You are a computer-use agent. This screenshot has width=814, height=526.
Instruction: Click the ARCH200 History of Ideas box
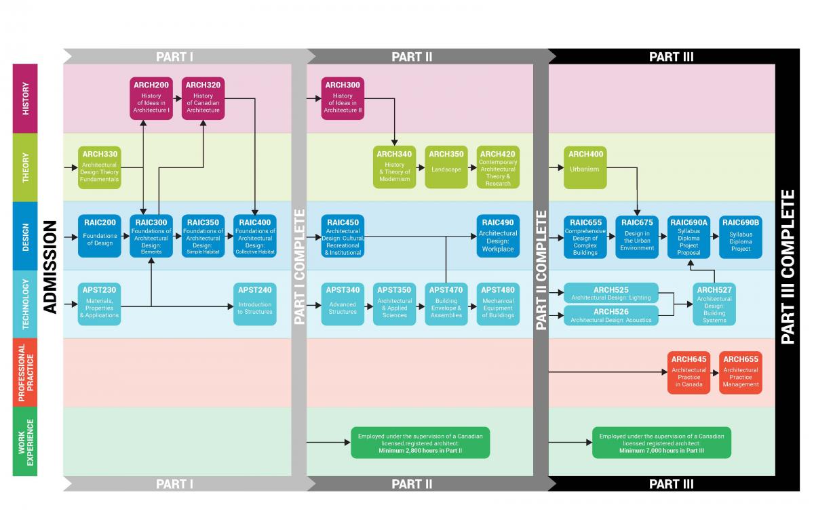coord(151,99)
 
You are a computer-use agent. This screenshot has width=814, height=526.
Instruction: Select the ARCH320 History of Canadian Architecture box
coord(203,99)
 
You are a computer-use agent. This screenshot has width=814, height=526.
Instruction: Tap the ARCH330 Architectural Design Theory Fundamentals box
coord(99,167)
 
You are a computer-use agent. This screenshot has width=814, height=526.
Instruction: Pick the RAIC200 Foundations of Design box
coord(99,236)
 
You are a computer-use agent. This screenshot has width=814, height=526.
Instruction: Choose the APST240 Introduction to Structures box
coord(254,304)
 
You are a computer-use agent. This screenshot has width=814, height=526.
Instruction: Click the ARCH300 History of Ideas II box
coord(343,99)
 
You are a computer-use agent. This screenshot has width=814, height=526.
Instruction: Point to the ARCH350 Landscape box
coord(446,167)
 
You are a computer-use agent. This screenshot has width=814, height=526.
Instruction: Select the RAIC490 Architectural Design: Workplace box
coord(498,236)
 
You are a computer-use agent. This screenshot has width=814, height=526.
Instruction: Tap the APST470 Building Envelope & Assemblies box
coord(446,304)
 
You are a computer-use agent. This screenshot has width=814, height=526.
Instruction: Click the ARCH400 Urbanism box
coord(585,167)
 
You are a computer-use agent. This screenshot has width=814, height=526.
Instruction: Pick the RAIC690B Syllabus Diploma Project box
coord(740,236)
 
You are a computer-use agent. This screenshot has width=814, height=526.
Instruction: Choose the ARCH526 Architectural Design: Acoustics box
coord(610,315)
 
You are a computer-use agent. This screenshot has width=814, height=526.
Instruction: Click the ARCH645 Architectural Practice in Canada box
coord(689,373)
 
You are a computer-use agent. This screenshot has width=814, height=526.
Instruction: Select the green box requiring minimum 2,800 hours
coord(421,442)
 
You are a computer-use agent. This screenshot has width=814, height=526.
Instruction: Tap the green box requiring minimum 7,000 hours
coord(661,442)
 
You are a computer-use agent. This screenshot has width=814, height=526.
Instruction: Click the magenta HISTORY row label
coord(25,98)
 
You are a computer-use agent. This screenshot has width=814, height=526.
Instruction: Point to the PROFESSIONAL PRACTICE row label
coord(25,373)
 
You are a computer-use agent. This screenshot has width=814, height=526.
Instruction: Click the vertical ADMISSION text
coord(49,268)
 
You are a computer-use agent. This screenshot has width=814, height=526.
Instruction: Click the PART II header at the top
coord(412,57)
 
